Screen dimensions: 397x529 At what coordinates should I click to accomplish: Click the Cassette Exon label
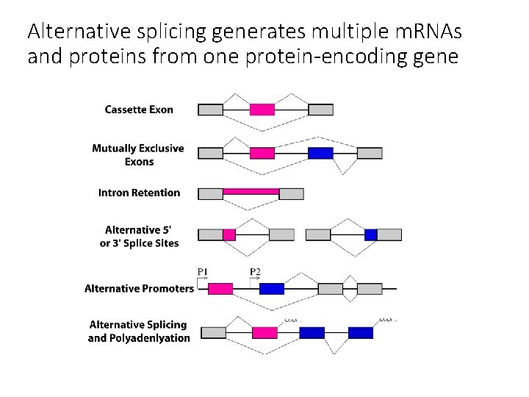(139, 110)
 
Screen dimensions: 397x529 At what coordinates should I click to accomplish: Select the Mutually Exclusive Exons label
(138, 154)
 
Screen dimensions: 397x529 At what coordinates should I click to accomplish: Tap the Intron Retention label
(139, 193)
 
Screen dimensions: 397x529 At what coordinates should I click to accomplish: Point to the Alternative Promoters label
(139, 288)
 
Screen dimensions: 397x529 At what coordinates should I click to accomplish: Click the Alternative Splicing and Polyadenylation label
(138, 331)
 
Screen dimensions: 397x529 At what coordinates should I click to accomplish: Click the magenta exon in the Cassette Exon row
(262, 110)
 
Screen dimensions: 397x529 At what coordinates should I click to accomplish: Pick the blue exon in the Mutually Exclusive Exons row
(320, 153)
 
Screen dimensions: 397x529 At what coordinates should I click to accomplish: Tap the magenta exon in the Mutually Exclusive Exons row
(262, 153)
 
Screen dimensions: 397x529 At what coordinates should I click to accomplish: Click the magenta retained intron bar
(251, 191)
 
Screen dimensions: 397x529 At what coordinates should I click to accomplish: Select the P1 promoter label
(203, 272)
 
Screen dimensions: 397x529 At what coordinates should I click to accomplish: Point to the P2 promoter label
(255, 272)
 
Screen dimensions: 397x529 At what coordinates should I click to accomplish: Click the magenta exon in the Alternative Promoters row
(220, 288)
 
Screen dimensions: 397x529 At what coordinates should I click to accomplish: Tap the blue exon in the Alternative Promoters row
(271, 288)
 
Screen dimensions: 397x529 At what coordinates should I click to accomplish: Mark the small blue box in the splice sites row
(370, 235)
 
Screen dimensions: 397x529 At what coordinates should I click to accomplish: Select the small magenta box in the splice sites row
(229, 235)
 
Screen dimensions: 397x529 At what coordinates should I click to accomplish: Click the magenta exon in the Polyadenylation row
(264, 332)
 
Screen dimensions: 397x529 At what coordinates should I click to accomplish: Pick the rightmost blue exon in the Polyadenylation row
(360, 332)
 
